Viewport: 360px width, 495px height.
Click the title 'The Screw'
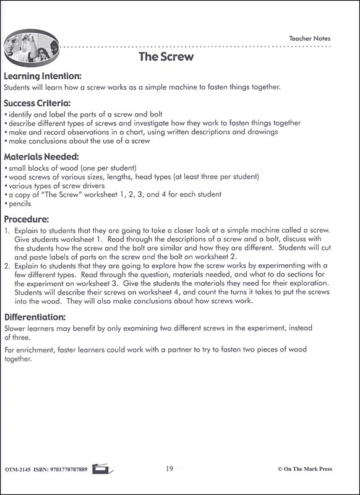click(166, 58)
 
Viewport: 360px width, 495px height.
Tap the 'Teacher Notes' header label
click(309, 38)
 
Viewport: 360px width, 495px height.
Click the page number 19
click(169, 469)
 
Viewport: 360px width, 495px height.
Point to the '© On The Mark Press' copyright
click(305, 469)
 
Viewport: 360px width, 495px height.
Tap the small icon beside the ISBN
click(100, 469)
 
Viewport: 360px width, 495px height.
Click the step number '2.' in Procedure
click(7, 267)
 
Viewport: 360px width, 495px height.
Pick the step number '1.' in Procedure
click(7, 230)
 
